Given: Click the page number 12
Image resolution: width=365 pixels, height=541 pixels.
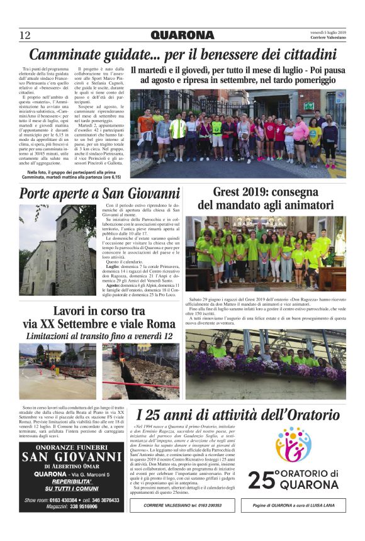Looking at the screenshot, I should (x=25, y=35).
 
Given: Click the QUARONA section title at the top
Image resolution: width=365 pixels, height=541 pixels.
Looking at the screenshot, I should (x=182, y=35).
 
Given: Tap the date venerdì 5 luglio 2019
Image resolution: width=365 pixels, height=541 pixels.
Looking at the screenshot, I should (x=328, y=31).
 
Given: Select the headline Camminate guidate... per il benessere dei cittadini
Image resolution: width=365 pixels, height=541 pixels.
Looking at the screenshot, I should (x=182, y=54).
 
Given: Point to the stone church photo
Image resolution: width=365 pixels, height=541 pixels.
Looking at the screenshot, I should (x=58, y=250).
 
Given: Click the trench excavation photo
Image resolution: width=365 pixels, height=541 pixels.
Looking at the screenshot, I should (x=141, y=371).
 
